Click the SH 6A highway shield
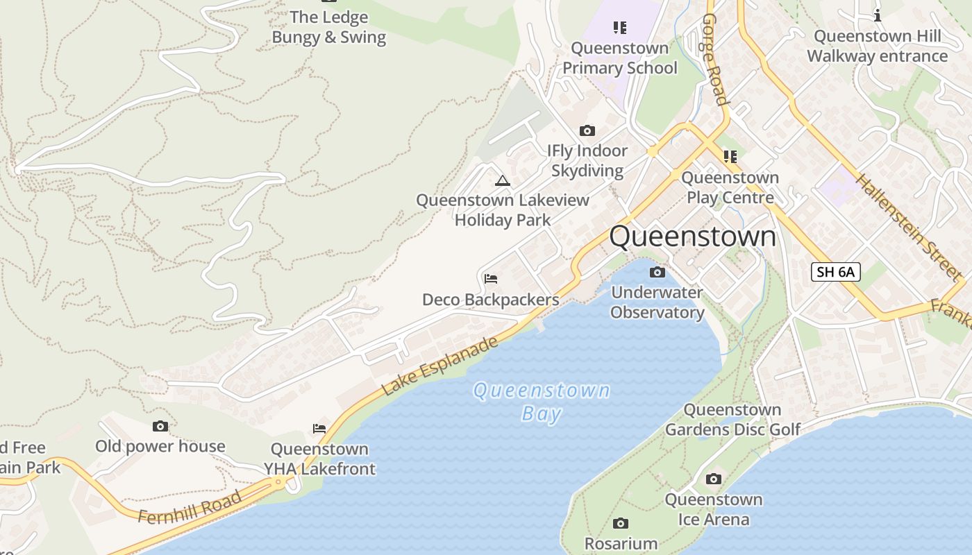click(x=835, y=272)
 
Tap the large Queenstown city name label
click(x=692, y=237)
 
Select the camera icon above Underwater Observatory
click(x=657, y=272)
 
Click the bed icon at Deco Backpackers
click(x=491, y=279)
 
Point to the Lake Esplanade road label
click(x=440, y=366)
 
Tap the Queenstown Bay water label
click(x=541, y=402)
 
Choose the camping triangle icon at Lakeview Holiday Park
click(x=502, y=181)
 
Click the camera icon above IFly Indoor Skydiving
click(x=587, y=131)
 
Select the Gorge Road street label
click(x=715, y=59)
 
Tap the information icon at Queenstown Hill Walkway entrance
click(x=878, y=15)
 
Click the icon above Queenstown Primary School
click(x=620, y=28)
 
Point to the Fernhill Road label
click(x=190, y=507)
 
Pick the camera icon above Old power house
click(x=160, y=426)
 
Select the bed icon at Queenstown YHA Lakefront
click(x=319, y=429)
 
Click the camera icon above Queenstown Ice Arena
click(x=713, y=479)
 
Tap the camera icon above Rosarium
click(x=621, y=523)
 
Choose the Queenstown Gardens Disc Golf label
click(x=732, y=420)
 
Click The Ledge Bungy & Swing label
click(x=328, y=27)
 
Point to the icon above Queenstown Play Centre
click(x=730, y=157)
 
